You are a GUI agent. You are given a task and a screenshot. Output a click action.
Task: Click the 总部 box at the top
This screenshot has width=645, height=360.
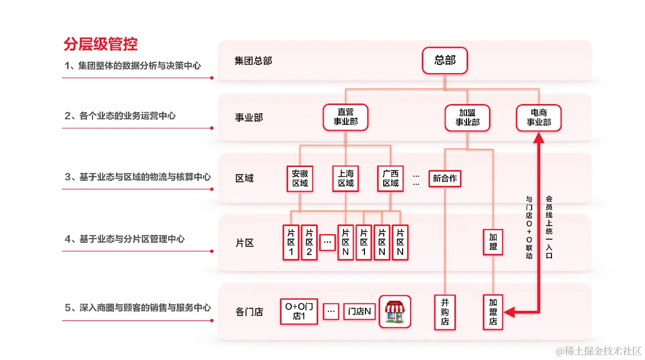point(445,60)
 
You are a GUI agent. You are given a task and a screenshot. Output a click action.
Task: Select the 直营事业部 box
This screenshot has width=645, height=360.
point(346,117)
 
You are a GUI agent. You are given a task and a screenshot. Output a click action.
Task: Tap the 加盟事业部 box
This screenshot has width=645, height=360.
point(467,117)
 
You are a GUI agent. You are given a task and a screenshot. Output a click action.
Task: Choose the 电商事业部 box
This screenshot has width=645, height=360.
point(539,117)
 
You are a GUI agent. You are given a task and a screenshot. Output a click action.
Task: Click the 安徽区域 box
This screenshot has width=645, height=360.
point(300,178)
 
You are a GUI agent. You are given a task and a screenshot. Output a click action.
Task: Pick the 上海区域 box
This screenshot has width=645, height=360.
point(346,178)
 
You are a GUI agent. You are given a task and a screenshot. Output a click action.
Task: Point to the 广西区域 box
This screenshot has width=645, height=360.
point(391,178)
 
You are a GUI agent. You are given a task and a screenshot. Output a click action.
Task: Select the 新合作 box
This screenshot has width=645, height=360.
point(445,178)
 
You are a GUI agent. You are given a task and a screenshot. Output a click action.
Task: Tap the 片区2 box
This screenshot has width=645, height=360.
point(309,242)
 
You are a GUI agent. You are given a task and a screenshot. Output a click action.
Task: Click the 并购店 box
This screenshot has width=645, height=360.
point(445,311)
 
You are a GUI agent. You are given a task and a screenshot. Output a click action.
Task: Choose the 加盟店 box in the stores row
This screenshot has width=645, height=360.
point(493,311)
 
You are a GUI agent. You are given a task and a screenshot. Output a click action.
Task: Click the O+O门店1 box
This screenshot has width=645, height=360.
point(299,311)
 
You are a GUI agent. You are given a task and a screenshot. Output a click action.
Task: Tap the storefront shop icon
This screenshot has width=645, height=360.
point(395,311)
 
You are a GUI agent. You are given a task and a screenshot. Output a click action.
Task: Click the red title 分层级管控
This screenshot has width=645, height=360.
point(101,44)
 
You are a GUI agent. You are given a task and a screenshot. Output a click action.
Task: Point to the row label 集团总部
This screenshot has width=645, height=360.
point(253,61)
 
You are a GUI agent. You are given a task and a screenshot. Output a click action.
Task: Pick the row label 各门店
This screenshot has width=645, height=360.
point(249,312)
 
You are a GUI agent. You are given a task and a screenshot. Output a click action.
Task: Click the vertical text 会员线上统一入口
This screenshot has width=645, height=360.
point(549,227)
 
